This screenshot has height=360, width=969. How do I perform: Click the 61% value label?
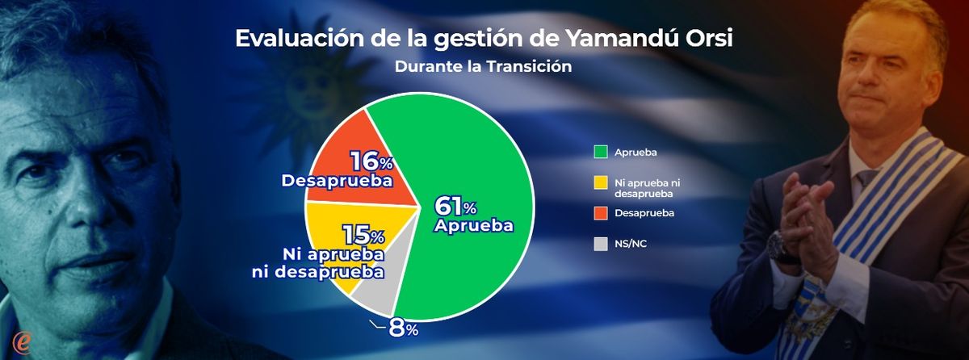point(455,206)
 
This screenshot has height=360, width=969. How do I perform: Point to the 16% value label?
point(372,161)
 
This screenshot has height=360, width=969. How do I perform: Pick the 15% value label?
point(364,236)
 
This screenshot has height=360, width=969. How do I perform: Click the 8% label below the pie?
point(403,329)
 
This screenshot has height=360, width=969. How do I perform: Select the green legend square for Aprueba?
point(601,152)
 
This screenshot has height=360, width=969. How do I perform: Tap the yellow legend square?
point(601,182)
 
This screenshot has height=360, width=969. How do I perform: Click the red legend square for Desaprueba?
point(601,213)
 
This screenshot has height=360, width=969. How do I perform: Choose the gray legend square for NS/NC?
point(601,244)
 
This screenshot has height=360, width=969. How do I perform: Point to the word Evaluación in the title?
point(300,40)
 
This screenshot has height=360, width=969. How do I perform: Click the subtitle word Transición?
point(529,66)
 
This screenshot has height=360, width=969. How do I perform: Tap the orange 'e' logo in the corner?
point(21,344)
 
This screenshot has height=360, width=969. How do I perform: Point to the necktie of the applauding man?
point(864,181)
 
